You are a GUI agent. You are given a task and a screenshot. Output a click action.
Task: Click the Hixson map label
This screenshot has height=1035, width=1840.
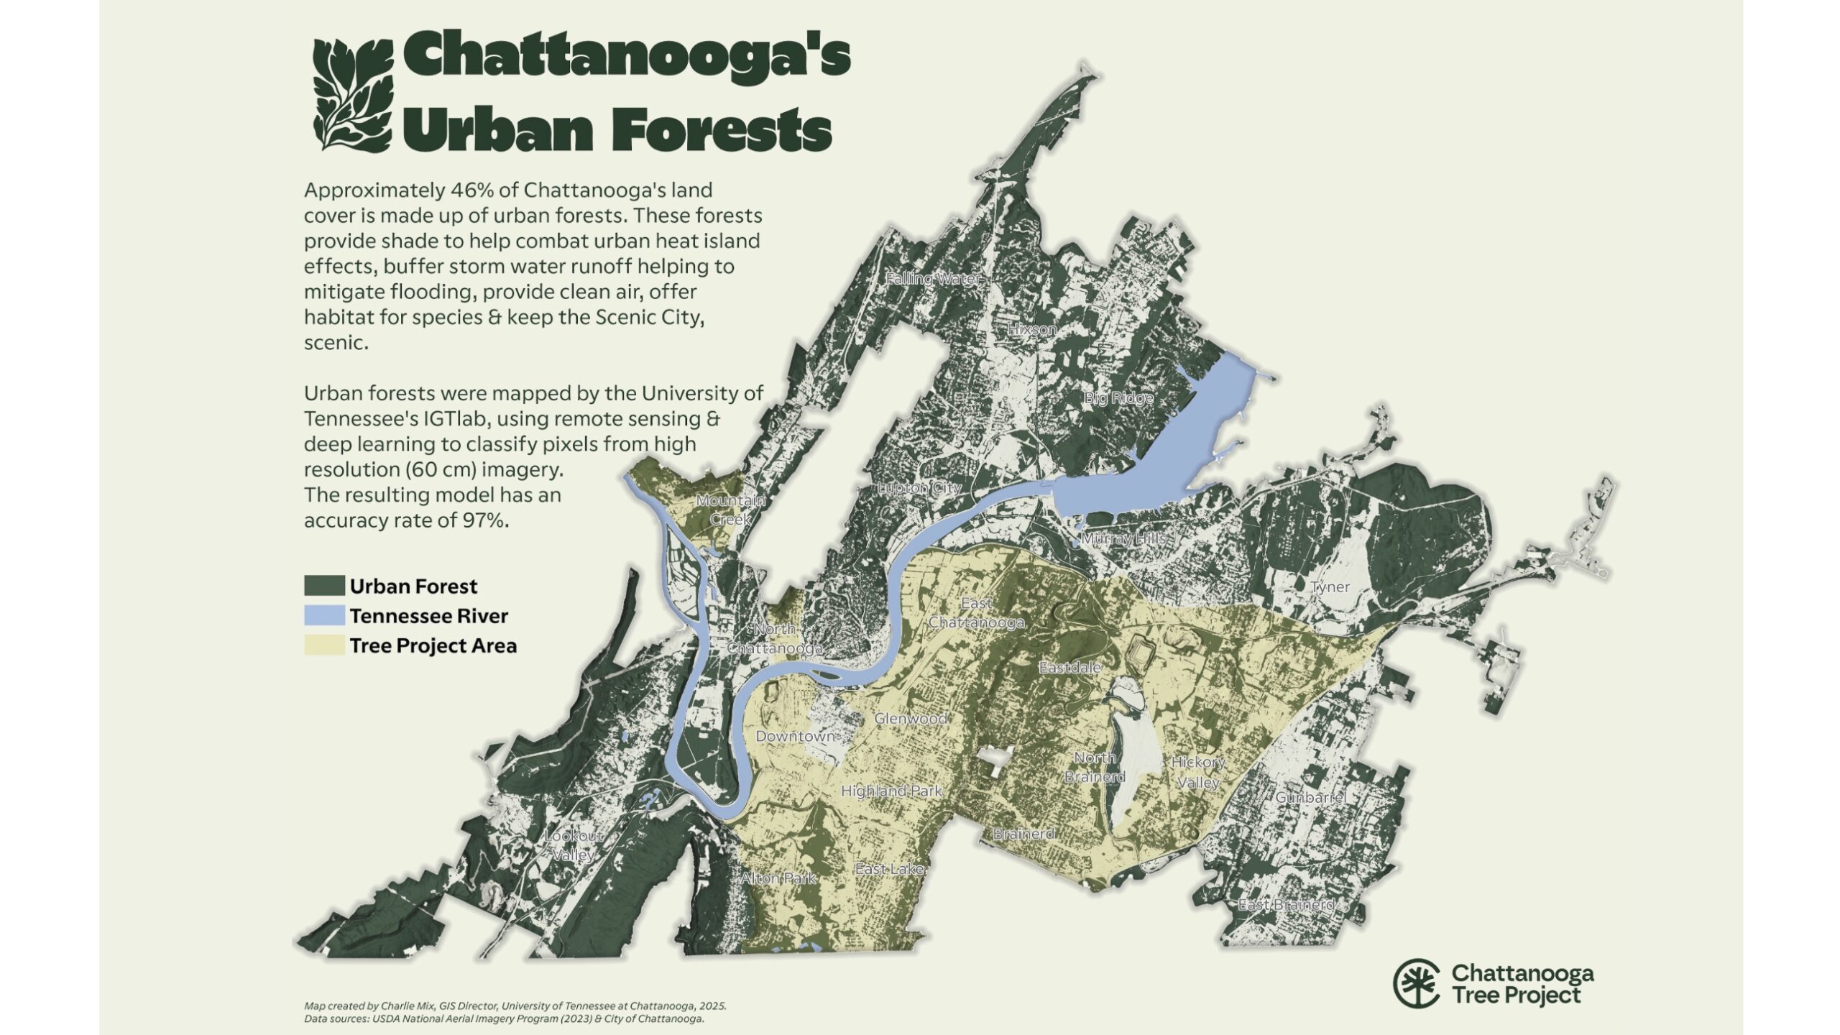point(1031,329)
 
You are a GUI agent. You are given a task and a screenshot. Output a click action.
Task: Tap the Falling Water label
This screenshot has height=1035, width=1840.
point(932,279)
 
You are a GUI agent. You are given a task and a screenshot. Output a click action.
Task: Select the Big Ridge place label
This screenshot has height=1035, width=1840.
point(1118,397)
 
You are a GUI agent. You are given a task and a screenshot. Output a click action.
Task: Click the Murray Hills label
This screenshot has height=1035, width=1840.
point(1123,538)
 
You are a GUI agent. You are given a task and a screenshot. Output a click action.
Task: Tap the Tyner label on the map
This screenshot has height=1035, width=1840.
point(1330,586)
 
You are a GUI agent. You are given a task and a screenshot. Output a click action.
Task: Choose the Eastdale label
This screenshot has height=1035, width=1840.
point(1069,667)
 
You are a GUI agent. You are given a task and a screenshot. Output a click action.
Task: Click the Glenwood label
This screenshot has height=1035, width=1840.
point(910,717)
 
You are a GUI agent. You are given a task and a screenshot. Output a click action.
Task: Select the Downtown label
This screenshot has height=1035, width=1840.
point(795,736)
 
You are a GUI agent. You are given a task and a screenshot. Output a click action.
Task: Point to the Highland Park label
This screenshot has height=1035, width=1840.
point(891,791)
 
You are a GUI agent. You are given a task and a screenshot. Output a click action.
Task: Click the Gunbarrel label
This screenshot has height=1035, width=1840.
point(1310,797)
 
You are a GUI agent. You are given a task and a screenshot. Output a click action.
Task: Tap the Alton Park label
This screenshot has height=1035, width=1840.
point(778,878)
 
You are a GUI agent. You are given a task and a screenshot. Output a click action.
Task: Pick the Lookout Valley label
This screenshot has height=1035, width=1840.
point(574,846)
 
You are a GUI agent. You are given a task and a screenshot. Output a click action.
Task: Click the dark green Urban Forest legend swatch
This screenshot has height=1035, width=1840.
point(324,585)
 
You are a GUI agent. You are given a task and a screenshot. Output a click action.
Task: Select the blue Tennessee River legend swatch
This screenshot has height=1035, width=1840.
point(324,615)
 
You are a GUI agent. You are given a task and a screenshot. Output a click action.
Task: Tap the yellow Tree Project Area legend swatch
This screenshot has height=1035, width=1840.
point(324,645)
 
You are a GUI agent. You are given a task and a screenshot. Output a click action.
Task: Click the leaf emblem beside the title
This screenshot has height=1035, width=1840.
point(353,93)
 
